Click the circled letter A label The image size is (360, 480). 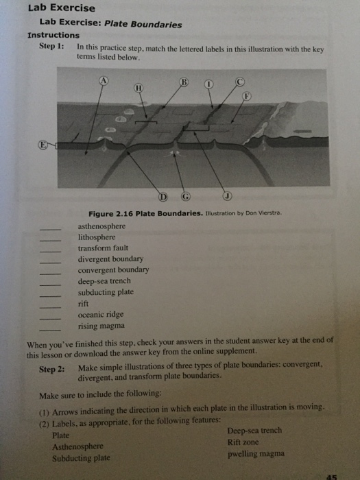point(104,80)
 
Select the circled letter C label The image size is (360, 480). point(239,81)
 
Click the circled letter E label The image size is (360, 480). point(43,145)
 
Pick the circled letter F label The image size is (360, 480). point(248,97)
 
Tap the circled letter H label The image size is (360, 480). point(139,88)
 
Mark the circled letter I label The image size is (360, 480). point(210,84)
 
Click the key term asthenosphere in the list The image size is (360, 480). point(102,226)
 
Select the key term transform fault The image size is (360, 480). point(103,248)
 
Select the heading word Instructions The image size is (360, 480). point(53,35)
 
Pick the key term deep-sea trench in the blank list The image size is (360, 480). point(104,281)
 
